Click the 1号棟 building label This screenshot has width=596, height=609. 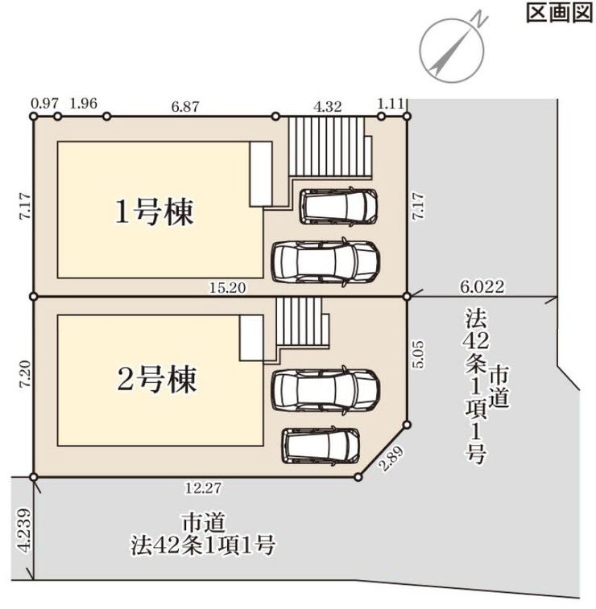coord(155,212)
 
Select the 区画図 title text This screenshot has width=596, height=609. coord(559,14)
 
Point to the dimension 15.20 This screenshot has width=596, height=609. coord(228,286)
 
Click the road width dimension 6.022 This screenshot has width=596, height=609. coord(482,286)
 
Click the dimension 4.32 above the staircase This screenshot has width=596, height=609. coord(328,104)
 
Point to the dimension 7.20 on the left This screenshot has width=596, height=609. coord(24,376)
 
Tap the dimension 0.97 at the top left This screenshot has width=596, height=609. coord(43,104)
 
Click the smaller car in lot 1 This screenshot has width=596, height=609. coord(339,207)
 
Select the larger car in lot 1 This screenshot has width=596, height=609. coord(325,261)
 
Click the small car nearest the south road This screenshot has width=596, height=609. coord(321,445)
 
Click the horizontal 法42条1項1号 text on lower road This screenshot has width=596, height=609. coord(204,546)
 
